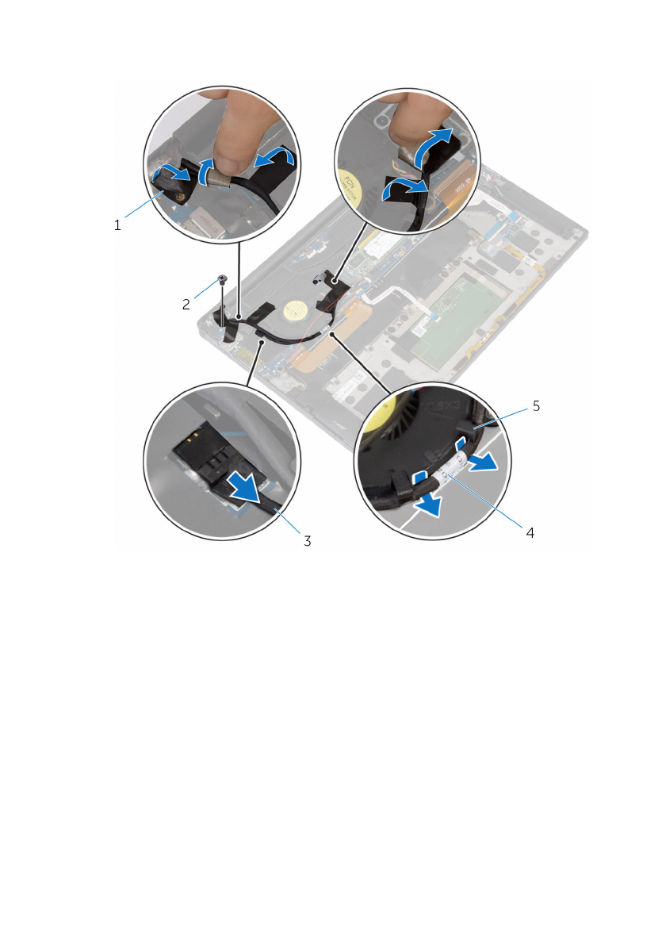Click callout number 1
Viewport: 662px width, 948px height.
point(117,225)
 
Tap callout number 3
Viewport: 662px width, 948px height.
point(306,541)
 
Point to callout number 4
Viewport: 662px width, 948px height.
point(530,533)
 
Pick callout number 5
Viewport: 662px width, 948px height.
point(536,405)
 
